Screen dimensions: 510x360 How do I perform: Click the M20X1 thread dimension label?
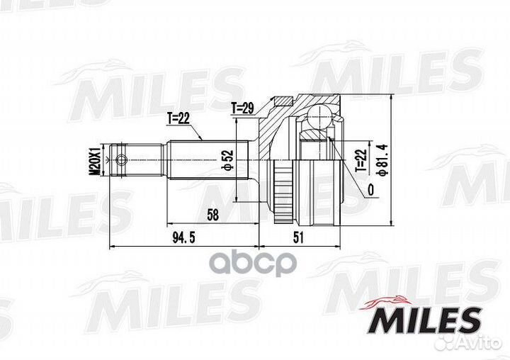96,160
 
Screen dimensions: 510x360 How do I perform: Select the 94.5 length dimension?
183,238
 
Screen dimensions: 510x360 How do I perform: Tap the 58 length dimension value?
213,215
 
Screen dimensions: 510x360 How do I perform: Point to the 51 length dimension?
298,238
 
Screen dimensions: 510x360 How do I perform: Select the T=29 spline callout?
243,108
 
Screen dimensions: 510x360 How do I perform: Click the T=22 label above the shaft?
178,118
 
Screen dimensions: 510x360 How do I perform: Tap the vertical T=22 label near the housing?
361,159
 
